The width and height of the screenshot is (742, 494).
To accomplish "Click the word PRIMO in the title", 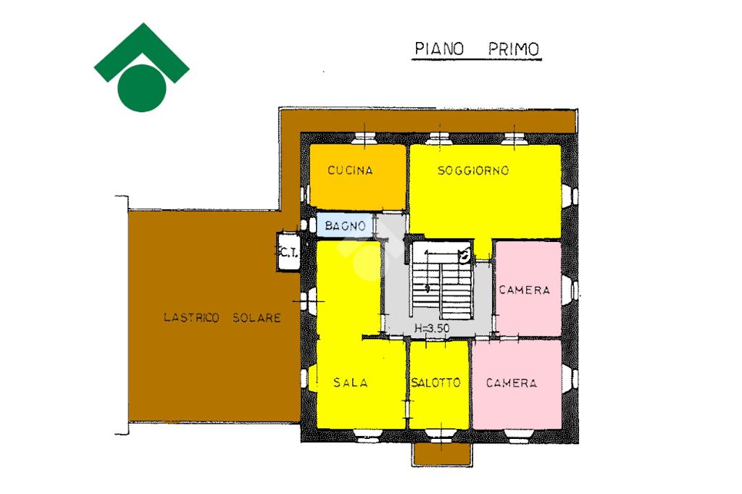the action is [513, 49].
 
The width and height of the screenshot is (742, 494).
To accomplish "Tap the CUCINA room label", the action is [350, 171].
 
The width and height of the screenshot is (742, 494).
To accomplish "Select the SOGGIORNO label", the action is [473, 171].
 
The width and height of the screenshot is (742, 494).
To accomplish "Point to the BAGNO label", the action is [345, 226].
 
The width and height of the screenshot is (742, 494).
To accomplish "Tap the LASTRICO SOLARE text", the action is [222, 317].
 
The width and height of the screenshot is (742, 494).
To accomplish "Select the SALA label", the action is [350, 383].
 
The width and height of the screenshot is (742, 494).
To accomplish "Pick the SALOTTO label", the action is [435, 383].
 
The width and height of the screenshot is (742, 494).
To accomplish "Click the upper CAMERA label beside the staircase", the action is [524, 290].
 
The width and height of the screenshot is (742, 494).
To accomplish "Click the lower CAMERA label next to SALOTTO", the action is [512, 383].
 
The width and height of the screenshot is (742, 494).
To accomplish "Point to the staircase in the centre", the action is [443, 282].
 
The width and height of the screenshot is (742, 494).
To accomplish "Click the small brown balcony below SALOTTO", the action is [442, 455].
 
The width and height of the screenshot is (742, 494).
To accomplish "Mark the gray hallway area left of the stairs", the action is [394, 290].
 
